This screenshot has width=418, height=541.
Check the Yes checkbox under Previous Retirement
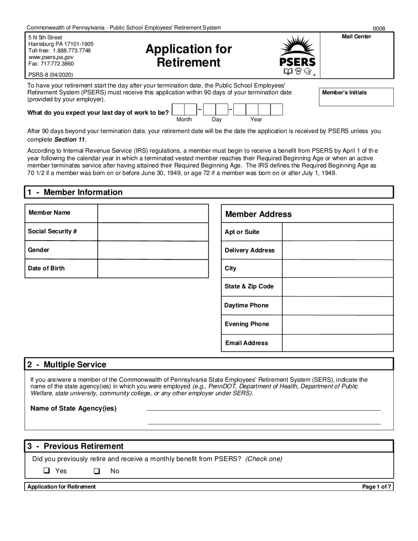tap(47, 471)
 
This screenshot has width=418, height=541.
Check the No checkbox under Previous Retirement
tap(97, 471)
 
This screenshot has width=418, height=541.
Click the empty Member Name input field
tap(153, 213)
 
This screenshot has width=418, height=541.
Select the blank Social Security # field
tap(153, 232)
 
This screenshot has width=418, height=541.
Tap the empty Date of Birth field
tap(153, 269)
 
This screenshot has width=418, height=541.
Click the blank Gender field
tap(153, 250)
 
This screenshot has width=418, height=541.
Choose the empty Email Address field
tap(337, 343)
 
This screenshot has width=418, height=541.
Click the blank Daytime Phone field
tap(337, 306)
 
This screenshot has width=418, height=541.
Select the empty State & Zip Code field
tap(337, 287)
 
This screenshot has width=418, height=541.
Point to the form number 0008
tap(379, 29)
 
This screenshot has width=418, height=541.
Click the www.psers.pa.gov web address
tap(51, 57)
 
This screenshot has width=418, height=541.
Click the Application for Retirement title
tap(189, 55)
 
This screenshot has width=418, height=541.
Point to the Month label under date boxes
tap(184, 120)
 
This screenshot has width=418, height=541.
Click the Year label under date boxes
tap(256, 120)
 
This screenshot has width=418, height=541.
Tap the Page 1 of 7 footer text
tap(376, 486)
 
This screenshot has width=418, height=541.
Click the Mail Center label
tap(356, 37)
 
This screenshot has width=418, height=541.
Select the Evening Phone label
tap(246, 324)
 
